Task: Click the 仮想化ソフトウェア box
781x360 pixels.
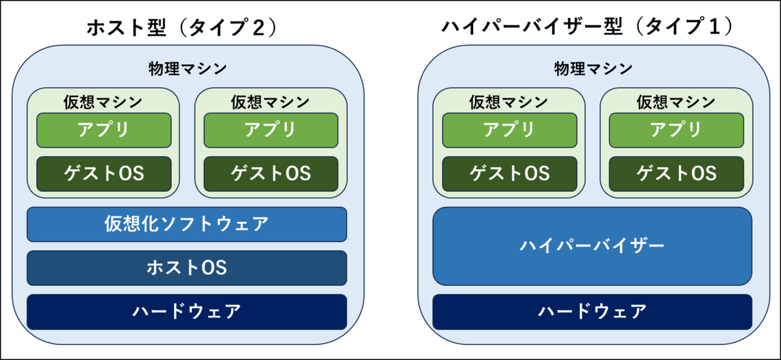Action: click(x=186, y=224)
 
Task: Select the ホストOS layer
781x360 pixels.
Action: click(x=186, y=268)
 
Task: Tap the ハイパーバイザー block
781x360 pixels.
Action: click(x=592, y=246)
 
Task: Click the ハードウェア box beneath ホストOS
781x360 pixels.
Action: click(x=186, y=311)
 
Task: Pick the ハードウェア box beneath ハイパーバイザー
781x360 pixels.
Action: click(x=592, y=311)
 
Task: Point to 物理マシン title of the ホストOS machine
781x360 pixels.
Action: click(x=187, y=68)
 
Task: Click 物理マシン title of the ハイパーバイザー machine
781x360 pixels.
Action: click(x=593, y=68)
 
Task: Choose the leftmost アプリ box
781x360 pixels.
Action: click(x=103, y=130)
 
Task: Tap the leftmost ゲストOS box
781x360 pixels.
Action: click(x=103, y=174)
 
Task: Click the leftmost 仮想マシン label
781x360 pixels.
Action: click(x=103, y=102)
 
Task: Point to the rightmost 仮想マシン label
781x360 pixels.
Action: click(x=676, y=102)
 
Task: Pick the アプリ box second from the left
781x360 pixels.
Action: click(x=271, y=130)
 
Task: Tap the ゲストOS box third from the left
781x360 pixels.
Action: click(x=510, y=174)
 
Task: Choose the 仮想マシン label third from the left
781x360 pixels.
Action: click(x=508, y=102)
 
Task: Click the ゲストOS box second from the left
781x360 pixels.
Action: click(x=271, y=174)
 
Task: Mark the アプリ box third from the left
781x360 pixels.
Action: click(x=510, y=130)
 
